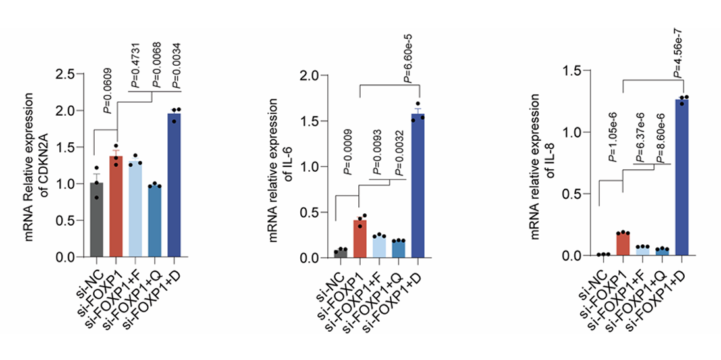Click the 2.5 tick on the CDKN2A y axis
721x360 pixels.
tap(64, 74)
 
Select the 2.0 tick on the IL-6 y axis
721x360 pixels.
tap(307, 76)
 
